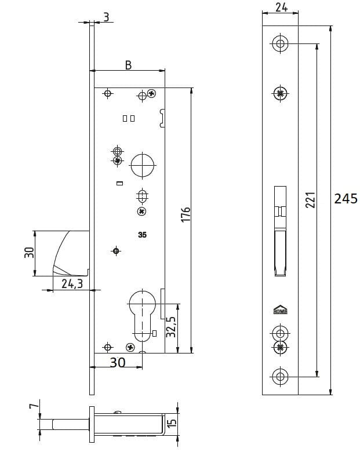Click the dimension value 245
[346, 199]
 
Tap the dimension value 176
[186, 214]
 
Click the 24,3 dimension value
[71, 283]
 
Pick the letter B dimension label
[128, 65]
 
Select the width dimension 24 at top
[281, 8]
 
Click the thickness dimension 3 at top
[106, 17]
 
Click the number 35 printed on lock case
[142, 235]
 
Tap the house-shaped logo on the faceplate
[281, 311]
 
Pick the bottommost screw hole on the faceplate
[281, 376]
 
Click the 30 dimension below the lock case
[117, 362]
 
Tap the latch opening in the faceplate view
[281, 232]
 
